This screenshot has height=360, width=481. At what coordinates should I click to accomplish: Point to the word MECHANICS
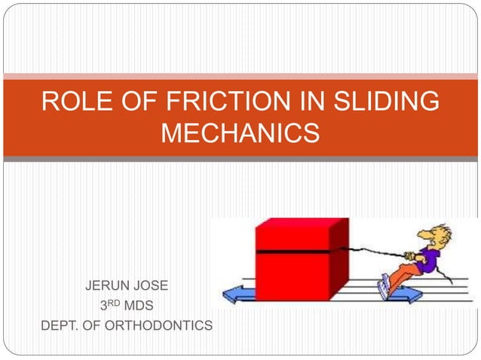pyautogui.click(x=240, y=133)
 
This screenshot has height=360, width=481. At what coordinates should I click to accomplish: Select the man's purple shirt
pyautogui.click(x=427, y=259)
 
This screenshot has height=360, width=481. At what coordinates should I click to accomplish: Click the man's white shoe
pyautogui.click(x=385, y=285)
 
